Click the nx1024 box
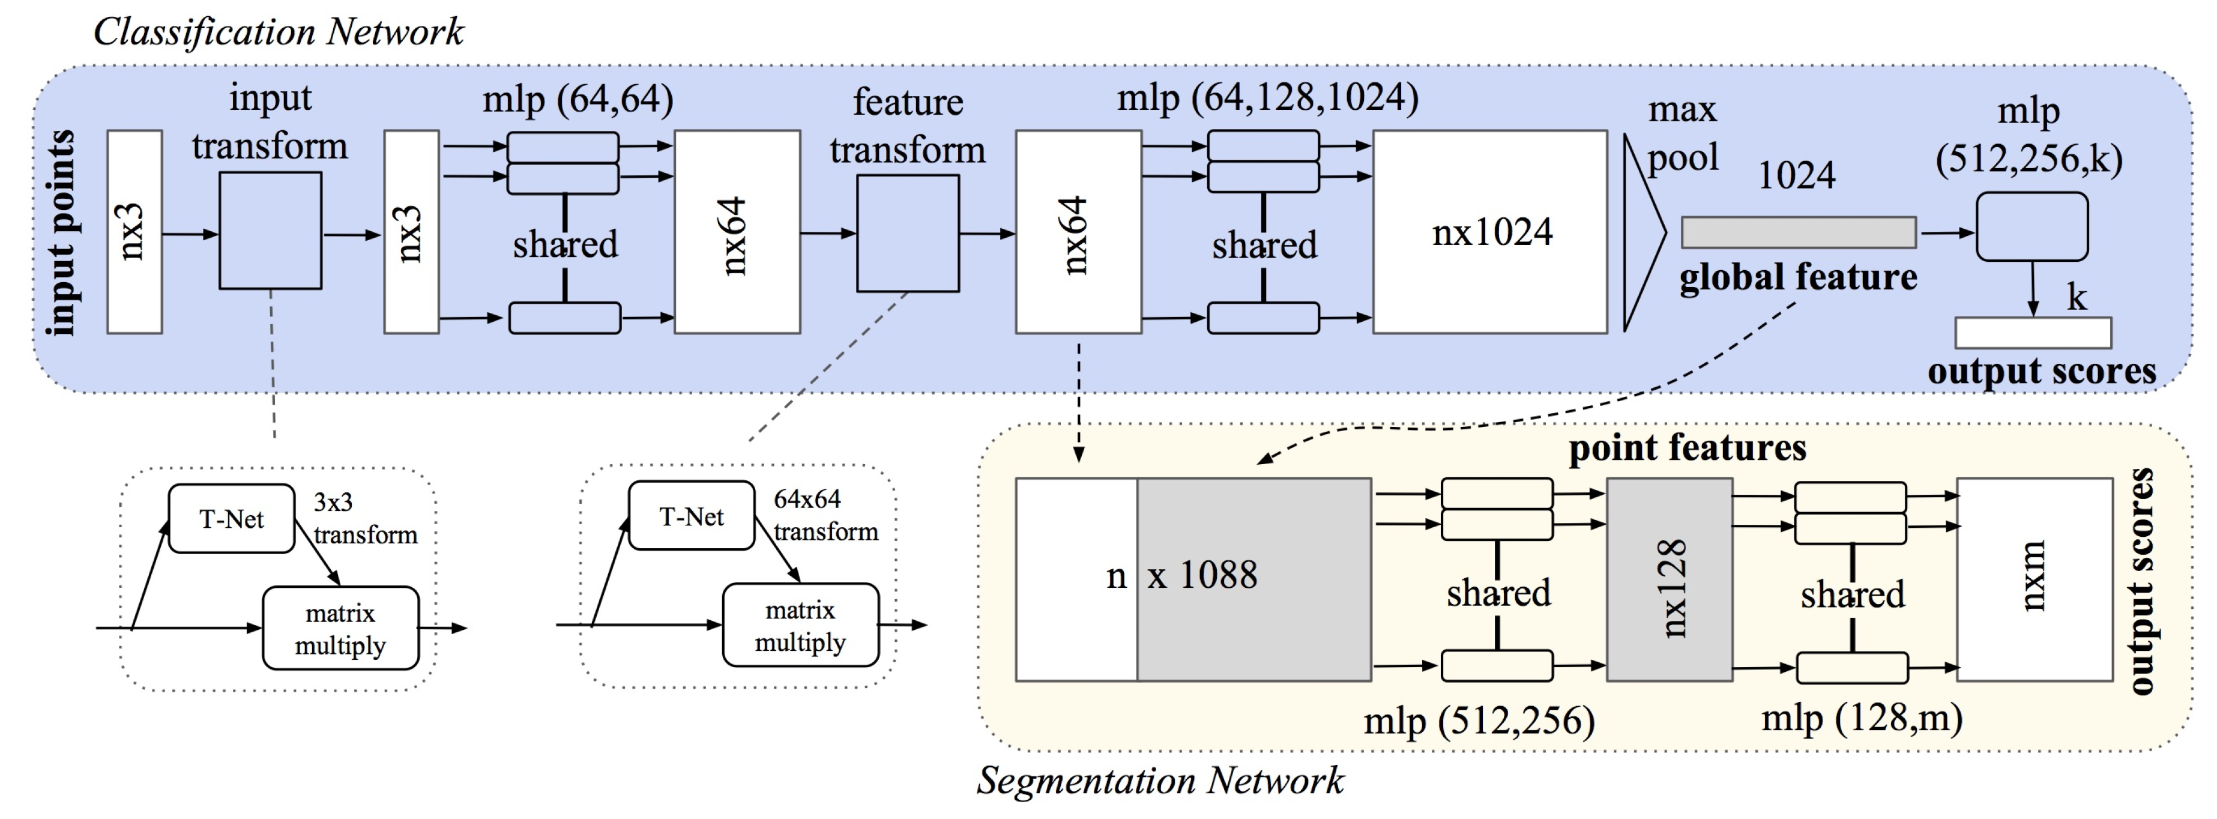(1490, 232)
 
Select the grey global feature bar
(1799, 232)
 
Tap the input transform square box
(270, 231)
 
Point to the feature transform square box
(908, 234)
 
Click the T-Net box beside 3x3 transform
(232, 518)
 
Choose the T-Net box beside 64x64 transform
(692, 516)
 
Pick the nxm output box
(2035, 579)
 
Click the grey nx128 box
(1670, 579)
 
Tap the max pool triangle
(1644, 232)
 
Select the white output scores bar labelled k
(2033, 333)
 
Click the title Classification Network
(278, 32)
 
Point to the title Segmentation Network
(1160, 780)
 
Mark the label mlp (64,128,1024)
(1268, 97)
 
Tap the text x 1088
(1202, 575)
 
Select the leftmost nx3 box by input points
(134, 232)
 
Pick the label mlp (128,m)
(1862, 718)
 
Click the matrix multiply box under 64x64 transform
(800, 625)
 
